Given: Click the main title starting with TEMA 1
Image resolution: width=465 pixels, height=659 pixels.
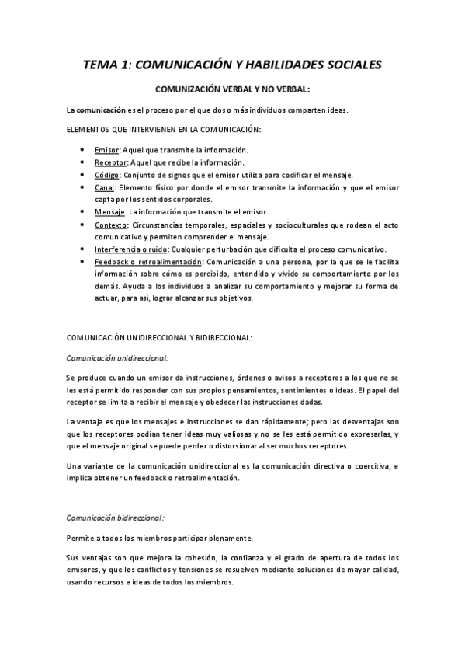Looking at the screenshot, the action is pos(232,65).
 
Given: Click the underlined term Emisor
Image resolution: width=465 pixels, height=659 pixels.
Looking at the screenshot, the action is pos(106,149).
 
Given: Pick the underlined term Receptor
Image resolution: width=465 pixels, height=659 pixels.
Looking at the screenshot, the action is pos(109,162).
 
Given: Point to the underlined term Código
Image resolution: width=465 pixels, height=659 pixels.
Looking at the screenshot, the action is pos(106,175).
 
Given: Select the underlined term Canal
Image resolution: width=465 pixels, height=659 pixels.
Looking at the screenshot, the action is pos(104,187).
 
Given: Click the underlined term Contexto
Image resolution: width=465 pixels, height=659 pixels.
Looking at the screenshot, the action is pos(109,225).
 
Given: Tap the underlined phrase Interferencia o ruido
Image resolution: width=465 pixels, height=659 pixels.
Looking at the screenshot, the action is pos(130,249).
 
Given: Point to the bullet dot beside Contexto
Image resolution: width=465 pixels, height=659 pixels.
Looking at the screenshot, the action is pos(82,225).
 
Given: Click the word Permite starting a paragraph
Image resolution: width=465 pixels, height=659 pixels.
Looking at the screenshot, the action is pos(79,537).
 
